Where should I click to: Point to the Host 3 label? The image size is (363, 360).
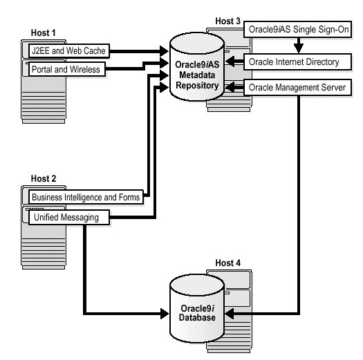click(227, 22)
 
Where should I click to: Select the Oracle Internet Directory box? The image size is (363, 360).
click(303, 62)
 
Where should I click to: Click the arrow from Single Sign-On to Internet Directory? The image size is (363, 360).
click(298, 46)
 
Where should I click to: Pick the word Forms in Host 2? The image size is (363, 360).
click(127, 198)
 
